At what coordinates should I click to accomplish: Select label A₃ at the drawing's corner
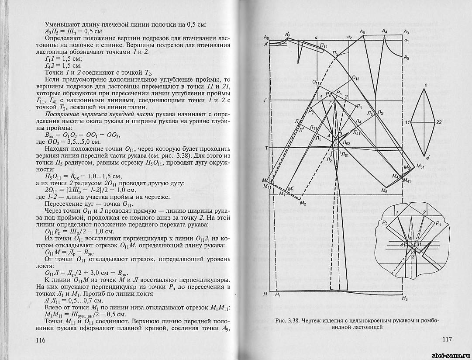tap(407, 32)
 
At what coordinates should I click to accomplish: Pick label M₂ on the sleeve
tap(302, 204)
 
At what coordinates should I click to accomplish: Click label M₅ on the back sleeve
tap(384, 191)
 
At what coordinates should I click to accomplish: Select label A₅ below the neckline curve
tap(407, 57)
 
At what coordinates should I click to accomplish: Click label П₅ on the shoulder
tap(334, 53)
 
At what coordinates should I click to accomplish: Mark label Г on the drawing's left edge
tap(265, 100)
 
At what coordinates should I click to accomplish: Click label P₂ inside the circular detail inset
tap(385, 223)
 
